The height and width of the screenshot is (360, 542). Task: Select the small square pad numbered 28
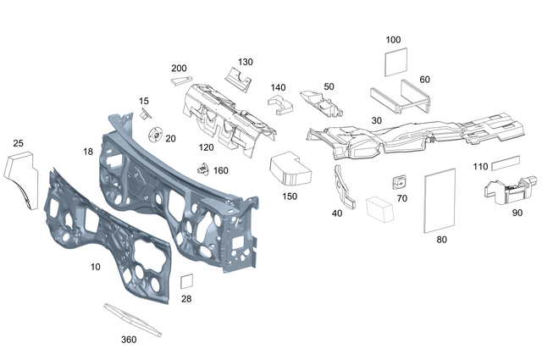pyautogui.click(x=187, y=282)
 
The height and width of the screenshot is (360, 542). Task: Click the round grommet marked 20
pyautogui.click(x=156, y=136)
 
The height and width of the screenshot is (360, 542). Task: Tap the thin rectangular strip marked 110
pyautogui.click(x=506, y=158)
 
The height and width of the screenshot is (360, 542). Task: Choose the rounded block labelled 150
pyautogui.click(x=290, y=168)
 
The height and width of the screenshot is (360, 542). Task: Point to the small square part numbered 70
pyautogui.click(x=400, y=182)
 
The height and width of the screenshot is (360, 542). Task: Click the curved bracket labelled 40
pyautogui.click(x=346, y=189)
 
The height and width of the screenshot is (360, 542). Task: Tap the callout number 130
pyautogui.click(x=245, y=62)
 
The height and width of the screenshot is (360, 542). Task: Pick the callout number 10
pyautogui.click(x=96, y=266)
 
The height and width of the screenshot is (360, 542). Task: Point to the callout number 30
pyautogui.click(x=377, y=120)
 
